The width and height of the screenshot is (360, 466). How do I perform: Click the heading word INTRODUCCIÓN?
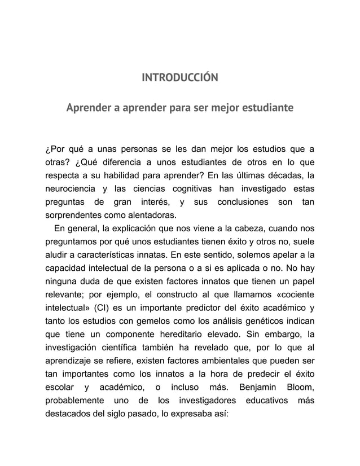179,77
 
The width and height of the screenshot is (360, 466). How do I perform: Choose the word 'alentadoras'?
151,215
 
